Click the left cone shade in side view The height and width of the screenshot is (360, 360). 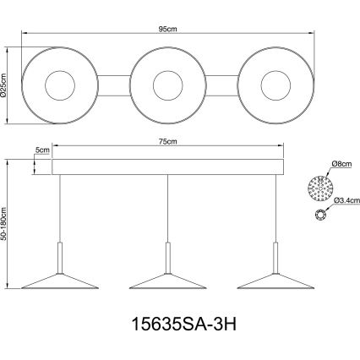[x=59, y=280]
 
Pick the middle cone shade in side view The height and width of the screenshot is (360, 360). [x=167, y=280]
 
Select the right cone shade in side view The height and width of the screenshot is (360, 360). [x=275, y=280]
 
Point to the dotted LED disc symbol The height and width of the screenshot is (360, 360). [x=319, y=183]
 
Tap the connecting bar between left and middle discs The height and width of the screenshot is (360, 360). [x=113, y=85]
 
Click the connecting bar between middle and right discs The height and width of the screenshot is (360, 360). [x=221, y=85]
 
